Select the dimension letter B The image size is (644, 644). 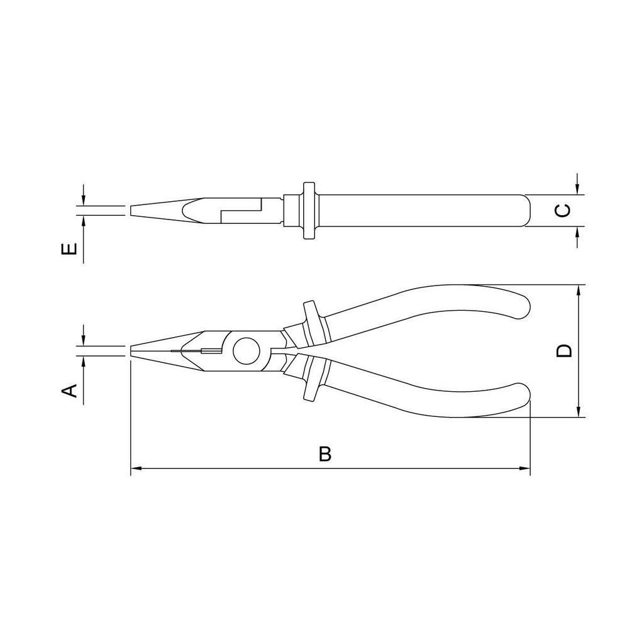click(325, 454)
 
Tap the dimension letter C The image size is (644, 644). click(563, 210)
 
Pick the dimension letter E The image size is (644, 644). click(69, 249)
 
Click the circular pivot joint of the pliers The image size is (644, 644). click(246, 351)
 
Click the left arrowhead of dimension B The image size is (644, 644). click(136, 468)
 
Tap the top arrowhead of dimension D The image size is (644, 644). click(579, 290)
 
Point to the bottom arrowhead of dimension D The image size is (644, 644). click(579, 412)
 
